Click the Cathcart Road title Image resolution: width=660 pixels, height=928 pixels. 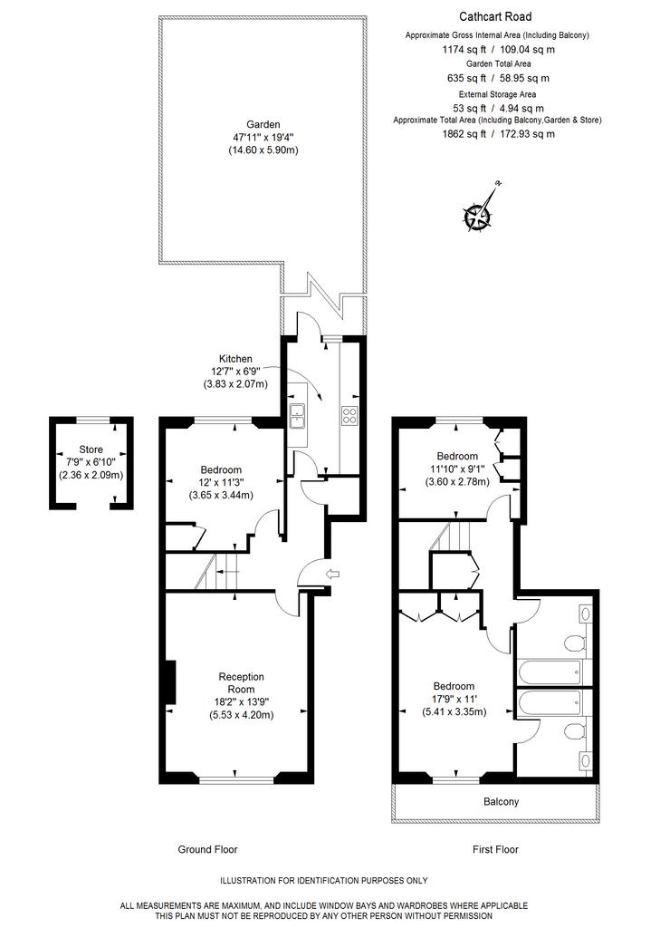coord(495,16)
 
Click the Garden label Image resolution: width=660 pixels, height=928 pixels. coord(263,124)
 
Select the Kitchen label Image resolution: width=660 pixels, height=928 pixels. coord(235,359)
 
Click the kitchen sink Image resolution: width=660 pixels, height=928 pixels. coord(296,415)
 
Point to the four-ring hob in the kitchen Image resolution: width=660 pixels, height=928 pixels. coord(349,415)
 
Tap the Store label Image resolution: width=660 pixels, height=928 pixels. coord(91,449)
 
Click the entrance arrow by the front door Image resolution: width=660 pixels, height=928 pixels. coord(333,573)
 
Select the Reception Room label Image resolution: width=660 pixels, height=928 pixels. coord(242,683)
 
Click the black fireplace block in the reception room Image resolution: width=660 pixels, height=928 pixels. coord(170,681)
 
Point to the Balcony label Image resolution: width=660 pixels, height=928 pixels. coord(501,802)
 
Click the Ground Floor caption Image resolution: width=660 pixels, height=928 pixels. coord(207,849)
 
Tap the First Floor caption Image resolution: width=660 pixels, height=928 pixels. coord(495,849)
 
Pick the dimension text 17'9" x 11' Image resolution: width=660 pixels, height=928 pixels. coord(454,699)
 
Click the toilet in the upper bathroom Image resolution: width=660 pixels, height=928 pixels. coord(575,643)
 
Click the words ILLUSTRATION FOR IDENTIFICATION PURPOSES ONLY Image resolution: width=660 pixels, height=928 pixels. coord(324,881)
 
